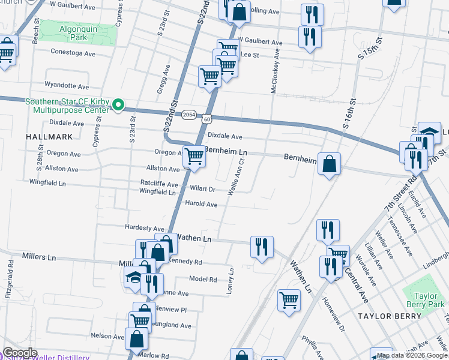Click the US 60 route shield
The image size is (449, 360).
(206, 119)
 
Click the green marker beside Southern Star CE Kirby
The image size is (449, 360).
(118, 106)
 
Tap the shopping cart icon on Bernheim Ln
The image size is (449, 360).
(194, 156)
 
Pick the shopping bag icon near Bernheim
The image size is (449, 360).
(329, 164)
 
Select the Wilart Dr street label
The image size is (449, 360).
(202, 188)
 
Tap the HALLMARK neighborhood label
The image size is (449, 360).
(49, 137)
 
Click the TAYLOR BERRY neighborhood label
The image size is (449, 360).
(384, 316)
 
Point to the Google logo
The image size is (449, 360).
(20, 353)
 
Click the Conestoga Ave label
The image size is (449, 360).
(73, 53)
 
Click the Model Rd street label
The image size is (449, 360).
(202, 279)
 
